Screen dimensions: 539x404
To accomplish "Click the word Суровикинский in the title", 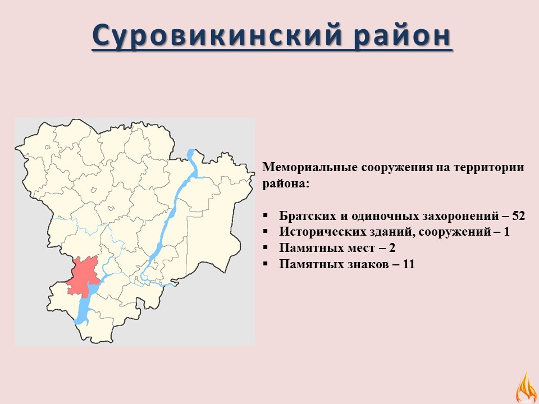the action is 217,35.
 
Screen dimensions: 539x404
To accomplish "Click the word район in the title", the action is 403,35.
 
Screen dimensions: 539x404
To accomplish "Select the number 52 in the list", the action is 518,215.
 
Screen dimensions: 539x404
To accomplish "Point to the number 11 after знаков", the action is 408,264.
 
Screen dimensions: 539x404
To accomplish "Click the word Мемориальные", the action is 310,167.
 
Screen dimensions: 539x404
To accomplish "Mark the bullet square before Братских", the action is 265,216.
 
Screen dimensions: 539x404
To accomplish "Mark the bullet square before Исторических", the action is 265,232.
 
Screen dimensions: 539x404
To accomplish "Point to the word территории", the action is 489,167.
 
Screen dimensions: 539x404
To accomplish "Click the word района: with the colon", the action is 286,183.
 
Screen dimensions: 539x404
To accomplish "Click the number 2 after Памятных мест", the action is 392,247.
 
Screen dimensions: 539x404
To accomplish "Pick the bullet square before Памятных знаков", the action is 265,264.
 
